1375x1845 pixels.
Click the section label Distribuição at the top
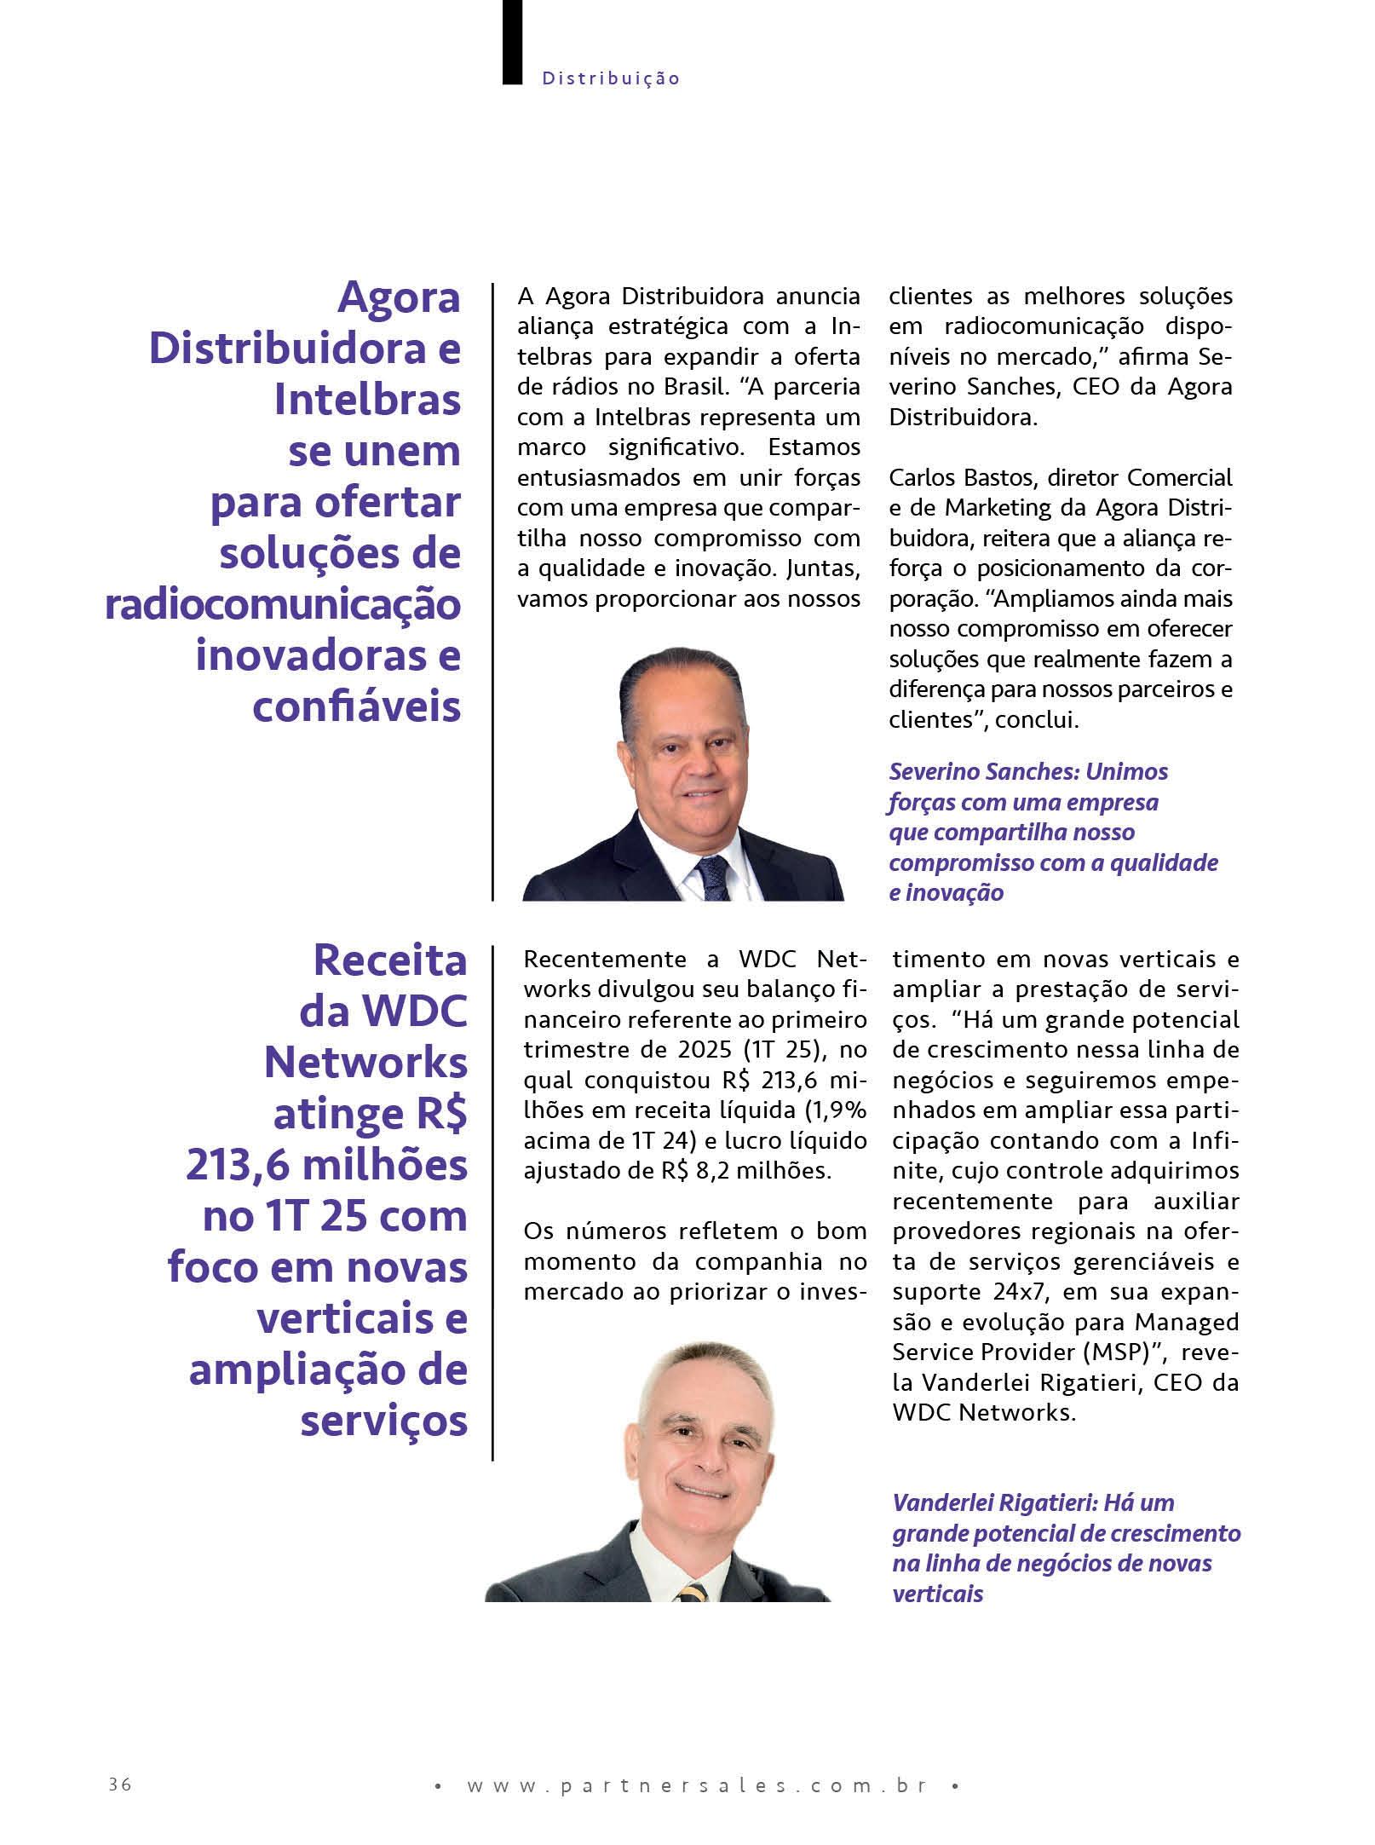point(611,78)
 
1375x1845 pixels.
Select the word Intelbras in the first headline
point(367,400)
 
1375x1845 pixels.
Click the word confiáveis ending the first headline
point(357,706)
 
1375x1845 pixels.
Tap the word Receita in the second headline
point(390,960)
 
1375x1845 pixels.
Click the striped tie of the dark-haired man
point(712,877)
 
